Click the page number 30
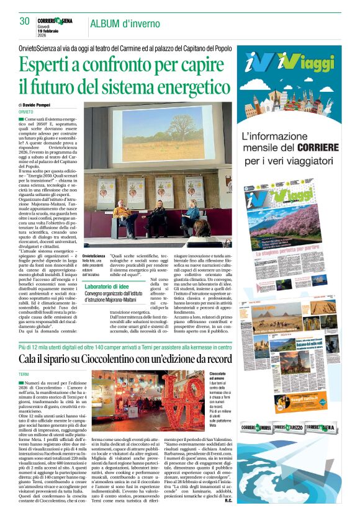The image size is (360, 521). [x=24, y=21]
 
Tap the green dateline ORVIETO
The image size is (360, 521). [x=27, y=112]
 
